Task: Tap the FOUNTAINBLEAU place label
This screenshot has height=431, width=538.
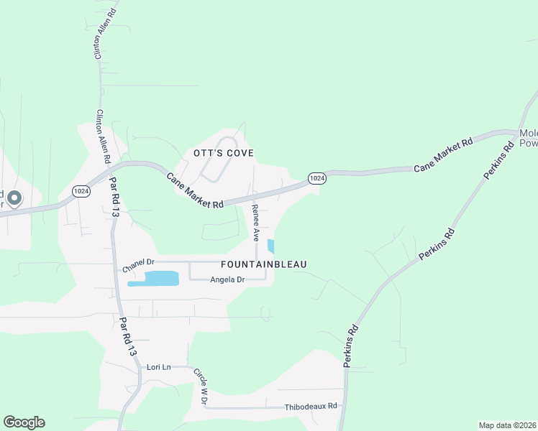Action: tap(264, 264)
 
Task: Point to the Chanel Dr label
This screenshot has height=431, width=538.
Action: tap(139, 265)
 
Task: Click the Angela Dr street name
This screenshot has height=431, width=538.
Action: tap(228, 279)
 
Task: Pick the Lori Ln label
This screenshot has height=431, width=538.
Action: tap(158, 367)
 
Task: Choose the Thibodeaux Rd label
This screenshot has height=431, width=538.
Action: tap(311, 406)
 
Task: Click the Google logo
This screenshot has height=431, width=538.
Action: tap(24, 422)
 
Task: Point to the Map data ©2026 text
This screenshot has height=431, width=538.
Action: tap(508, 425)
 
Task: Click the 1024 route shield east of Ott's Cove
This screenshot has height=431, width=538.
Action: tap(317, 177)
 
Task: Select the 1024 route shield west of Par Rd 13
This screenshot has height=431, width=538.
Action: tap(81, 190)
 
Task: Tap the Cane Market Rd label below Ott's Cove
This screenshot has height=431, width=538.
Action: tap(196, 190)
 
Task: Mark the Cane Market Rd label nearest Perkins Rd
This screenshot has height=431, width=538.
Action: tap(443, 154)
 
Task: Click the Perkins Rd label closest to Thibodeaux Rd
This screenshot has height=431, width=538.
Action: tap(351, 347)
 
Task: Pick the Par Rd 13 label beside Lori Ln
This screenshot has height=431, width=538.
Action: tap(127, 337)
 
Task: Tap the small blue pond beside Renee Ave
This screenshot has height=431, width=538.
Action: tap(270, 246)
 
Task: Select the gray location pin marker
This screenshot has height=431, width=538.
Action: tap(14, 198)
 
